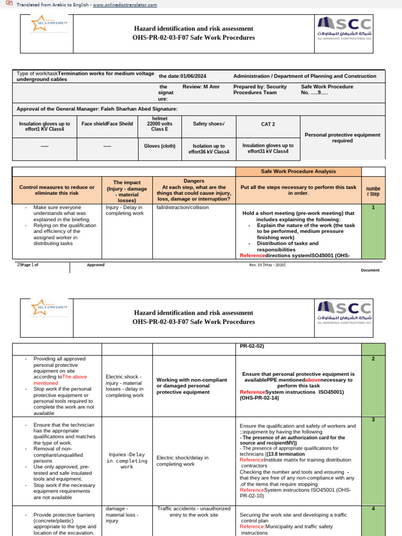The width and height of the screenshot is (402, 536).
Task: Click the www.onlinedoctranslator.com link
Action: [x=125, y=5]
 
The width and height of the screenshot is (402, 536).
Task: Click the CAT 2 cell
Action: [x=268, y=124]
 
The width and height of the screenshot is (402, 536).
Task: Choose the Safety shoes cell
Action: [x=207, y=124]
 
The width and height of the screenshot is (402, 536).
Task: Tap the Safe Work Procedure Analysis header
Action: [x=298, y=172]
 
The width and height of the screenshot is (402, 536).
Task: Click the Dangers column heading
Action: [x=194, y=189]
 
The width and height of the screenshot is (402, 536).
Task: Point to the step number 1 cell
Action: [x=373, y=207]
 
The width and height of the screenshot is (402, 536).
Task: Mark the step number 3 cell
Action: [x=373, y=420]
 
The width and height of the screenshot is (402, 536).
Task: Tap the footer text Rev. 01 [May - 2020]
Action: [x=267, y=265]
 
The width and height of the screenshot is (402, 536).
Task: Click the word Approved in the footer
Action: [x=95, y=265]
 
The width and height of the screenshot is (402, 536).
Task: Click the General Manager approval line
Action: [x=97, y=108]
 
